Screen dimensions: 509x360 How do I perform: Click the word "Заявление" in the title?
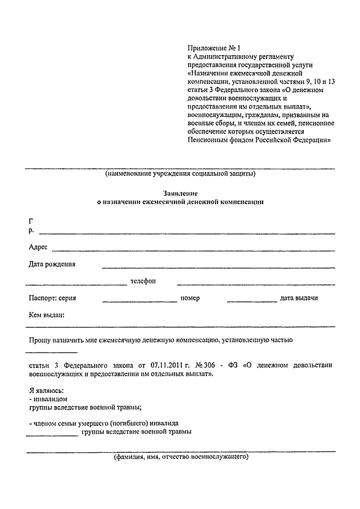tap(179, 192)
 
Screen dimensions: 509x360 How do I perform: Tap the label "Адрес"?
tap(38, 247)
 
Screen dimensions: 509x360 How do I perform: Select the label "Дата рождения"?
tap(52, 264)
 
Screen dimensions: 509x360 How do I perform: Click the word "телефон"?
tap(143, 281)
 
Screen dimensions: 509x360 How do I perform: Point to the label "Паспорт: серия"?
tap(56, 298)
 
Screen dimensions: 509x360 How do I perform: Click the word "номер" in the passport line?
tap(190, 298)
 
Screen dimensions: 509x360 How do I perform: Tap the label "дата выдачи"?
tap(299, 298)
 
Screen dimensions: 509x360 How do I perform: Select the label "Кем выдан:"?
tap(46, 315)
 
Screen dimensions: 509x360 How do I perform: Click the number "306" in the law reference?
tap(207, 365)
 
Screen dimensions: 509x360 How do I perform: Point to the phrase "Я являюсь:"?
tap(46, 390)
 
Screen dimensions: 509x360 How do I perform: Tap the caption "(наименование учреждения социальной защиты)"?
tap(180, 174)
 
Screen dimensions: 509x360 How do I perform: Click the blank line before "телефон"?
tap(76, 283)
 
